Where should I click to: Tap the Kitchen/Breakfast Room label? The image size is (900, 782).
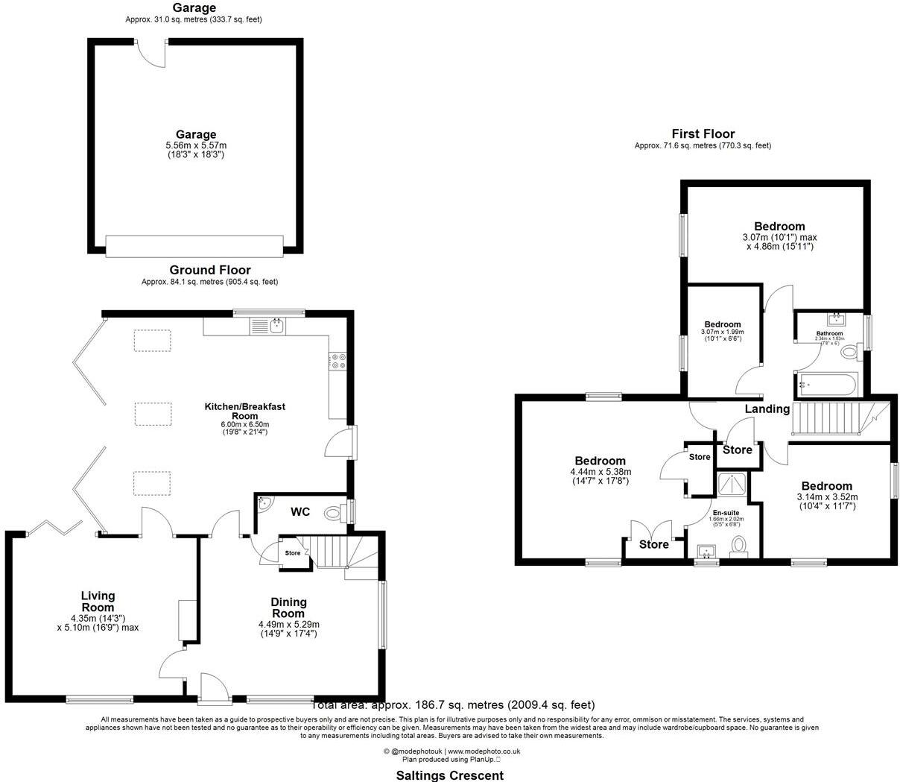[x=245, y=412]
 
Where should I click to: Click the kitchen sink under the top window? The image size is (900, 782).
[x=276, y=325]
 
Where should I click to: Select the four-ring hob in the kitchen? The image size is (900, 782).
[x=337, y=361]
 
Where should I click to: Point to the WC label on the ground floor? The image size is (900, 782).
[x=300, y=512]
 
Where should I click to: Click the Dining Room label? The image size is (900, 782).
[x=288, y=608]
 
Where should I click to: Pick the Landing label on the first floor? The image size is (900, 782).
[x=767, y=409]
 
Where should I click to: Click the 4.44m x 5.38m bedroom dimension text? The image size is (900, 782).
[x=600, y=472]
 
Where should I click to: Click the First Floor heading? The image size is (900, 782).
[x=703, y=134]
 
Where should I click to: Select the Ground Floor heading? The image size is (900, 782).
[x=209, y=270]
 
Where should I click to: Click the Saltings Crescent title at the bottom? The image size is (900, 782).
[x=449, y=775]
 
